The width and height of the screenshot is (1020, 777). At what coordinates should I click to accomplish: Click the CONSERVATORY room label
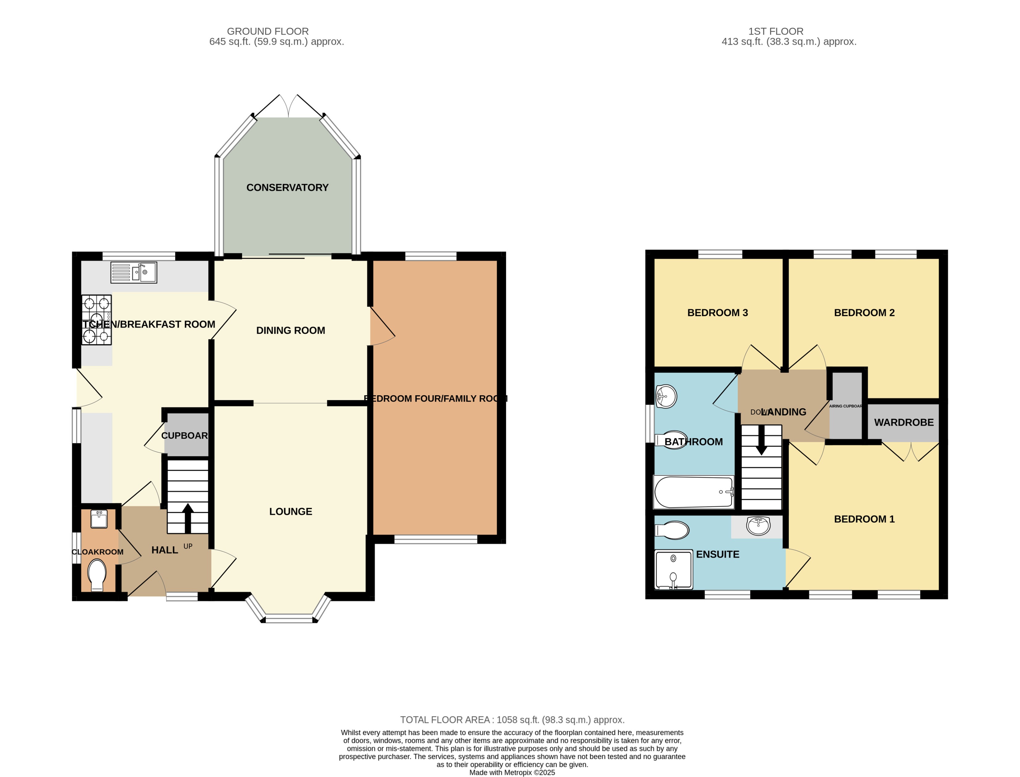pos(287,187)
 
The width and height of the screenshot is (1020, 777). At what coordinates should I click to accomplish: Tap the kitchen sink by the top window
pos(134,273)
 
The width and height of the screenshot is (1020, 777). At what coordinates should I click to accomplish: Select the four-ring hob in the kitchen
pos(97,319)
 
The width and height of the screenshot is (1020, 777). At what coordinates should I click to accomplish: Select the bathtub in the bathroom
pos(693,492)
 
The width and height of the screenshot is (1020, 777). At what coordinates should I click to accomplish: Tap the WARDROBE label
pos(903,422)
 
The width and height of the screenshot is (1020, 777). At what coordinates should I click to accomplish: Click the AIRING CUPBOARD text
pos(845,406)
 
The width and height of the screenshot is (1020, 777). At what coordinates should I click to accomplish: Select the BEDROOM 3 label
pos(717,313)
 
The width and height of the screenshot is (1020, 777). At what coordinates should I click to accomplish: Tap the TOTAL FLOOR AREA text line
pos(512,720)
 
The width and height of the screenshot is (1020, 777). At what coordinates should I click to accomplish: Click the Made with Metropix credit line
pos(512,772)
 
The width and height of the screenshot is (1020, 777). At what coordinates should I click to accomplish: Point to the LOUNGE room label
pos(291,512)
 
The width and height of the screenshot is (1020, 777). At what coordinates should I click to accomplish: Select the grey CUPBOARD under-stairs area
pos(186,435)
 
